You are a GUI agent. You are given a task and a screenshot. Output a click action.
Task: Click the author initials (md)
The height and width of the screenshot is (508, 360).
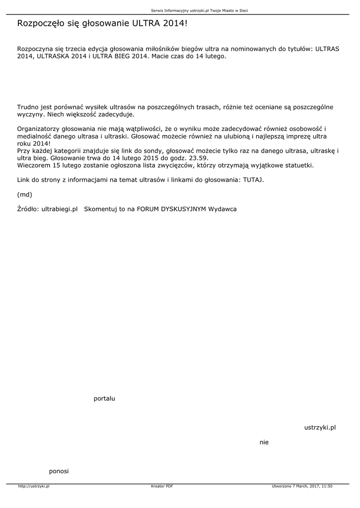point(24,194)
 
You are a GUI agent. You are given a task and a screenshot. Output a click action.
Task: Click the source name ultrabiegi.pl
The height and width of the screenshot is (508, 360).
point(60,209)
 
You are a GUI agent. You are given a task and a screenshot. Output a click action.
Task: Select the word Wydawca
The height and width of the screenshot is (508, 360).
point(222,209)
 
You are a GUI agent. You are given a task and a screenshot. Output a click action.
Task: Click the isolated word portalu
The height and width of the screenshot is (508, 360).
point(104,398)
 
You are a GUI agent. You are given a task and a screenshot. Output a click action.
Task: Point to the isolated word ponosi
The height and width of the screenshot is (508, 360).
point(59,471)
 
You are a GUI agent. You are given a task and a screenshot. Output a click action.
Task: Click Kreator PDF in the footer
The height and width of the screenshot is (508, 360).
point(162,486)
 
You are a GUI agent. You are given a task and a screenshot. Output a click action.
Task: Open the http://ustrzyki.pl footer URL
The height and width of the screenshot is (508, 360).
point(34,486)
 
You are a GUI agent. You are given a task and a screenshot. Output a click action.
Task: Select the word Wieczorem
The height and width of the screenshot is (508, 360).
point(33,165)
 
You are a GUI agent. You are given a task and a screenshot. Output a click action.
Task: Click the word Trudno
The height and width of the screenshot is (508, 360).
point(27,107)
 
